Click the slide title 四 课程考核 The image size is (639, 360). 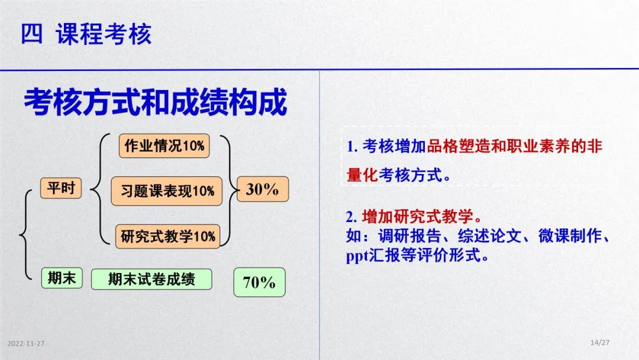86,34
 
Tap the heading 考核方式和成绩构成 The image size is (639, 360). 155,102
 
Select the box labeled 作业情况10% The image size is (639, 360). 164,146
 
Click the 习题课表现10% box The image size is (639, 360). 167,191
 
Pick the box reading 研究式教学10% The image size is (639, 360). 167,236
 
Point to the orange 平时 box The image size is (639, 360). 61,188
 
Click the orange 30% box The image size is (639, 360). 263,189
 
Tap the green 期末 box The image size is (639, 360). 62,278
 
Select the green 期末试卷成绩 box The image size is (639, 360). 151,279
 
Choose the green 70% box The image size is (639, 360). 259,282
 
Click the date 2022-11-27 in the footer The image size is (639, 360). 25,343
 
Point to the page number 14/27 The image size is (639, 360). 600,342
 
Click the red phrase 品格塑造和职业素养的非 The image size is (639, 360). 514,146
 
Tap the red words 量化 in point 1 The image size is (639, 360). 362,175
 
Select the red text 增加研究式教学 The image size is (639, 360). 418,216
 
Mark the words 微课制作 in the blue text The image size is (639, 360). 570,236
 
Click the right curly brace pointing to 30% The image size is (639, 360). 230,190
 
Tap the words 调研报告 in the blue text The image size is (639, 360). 409,236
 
